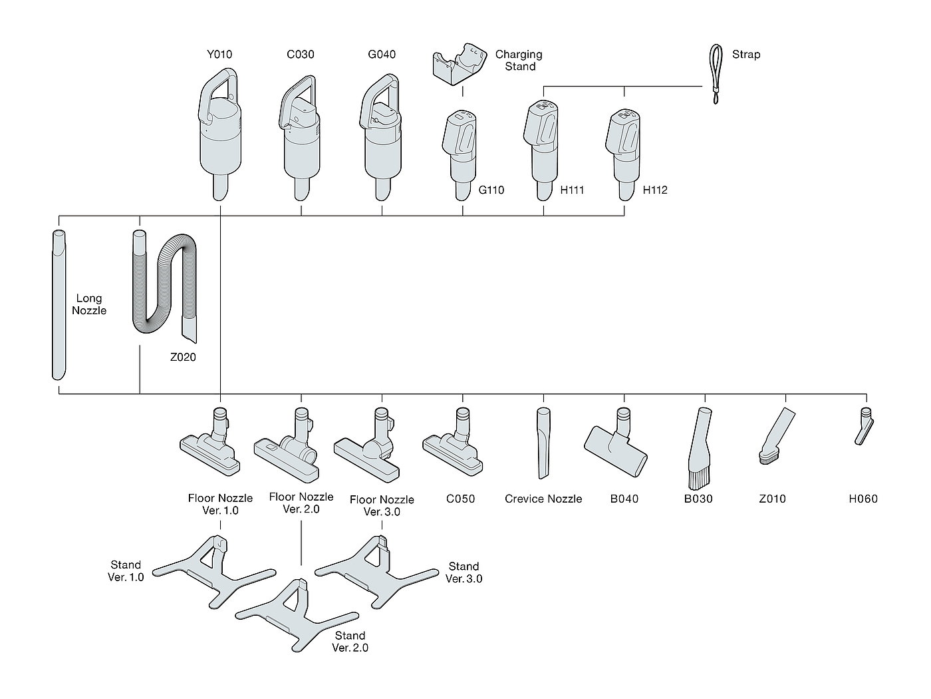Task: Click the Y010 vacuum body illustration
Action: click(x=220, y=146)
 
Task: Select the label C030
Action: click(x=301, y=55)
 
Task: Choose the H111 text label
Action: click(x=572, y=190)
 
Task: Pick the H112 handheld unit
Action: click(x=624, y=150)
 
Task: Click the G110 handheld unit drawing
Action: click(x=461, y=150)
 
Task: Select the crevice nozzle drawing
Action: click(x=543, y=443)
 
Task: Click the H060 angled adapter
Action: click(x=863, y=427)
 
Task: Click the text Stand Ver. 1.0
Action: click(x=126, y=571)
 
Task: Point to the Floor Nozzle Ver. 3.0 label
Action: click(x=382, y=505)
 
